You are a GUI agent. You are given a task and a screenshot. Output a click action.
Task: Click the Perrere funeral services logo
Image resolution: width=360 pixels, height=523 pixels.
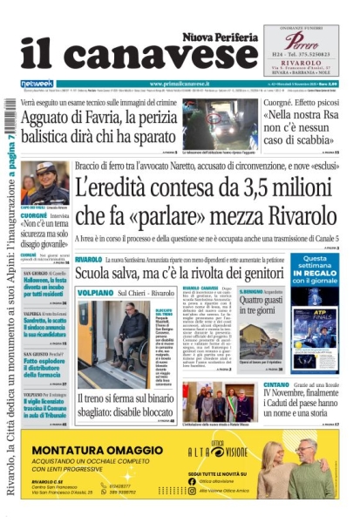coord(301,40)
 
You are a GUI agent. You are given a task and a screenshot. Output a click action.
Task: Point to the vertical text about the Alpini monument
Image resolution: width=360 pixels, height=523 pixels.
coord(10,305)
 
